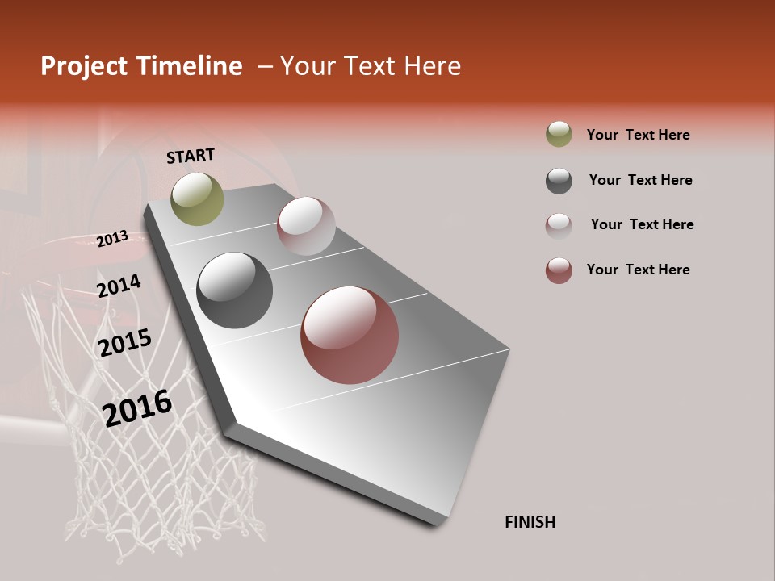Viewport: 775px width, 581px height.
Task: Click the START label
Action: point(191,156)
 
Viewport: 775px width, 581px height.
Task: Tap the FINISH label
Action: point(530,522)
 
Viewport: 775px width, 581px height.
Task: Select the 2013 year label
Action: point(113,239)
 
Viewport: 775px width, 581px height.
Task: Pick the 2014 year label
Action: point(119,286)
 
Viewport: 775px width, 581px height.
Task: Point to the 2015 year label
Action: point(125,343)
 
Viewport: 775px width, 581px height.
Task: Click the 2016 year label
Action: point(137,408)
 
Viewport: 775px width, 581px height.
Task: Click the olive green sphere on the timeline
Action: point(197,199)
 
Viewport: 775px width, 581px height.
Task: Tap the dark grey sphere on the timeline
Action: point(235,290)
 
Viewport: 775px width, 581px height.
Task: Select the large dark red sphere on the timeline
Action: point(350,335)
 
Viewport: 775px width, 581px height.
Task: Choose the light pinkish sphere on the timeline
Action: point(306,226)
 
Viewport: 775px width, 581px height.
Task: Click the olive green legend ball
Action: point(559,134)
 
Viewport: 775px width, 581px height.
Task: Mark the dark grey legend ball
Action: point(559,181)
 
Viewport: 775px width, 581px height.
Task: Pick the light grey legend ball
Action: point(559,226)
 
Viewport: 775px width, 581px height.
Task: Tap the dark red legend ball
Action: point(559,270)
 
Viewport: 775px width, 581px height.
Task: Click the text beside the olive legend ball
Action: point(638,135)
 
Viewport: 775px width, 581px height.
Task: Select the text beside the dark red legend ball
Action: point(638,270)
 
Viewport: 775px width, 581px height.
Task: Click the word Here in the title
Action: point(432,66)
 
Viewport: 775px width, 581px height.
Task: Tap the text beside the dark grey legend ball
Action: point(640,180)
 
